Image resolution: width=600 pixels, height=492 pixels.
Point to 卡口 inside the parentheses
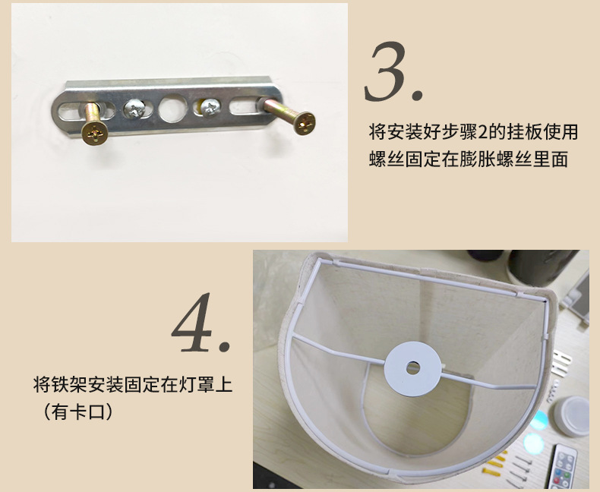tap(90, 412)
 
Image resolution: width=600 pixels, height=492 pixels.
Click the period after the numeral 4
tap(224, 347)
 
